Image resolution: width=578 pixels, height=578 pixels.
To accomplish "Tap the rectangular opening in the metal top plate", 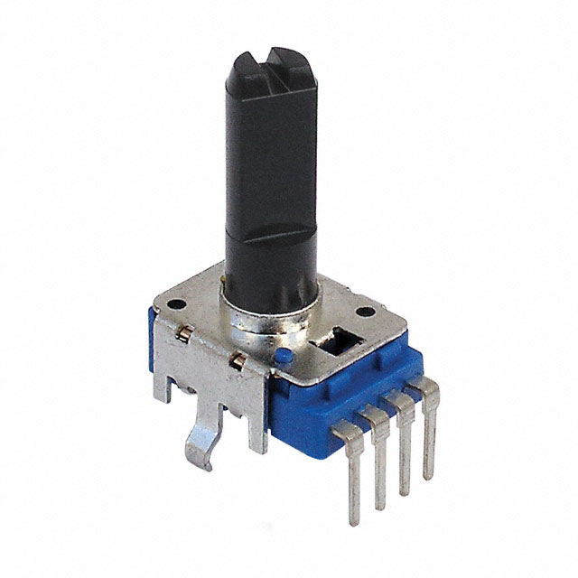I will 336,340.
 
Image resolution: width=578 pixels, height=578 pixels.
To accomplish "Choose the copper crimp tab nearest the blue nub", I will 237,362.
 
